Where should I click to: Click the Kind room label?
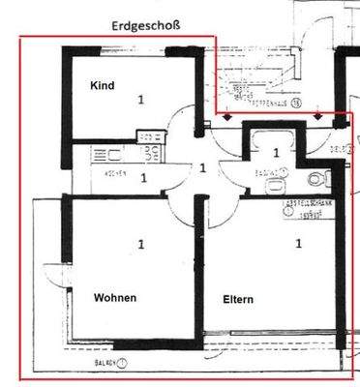click(x=102, y=86)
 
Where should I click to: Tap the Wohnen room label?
click(x=115, y=297)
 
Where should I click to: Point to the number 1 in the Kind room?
click(x=141, y=99)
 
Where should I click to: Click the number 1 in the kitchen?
click(x=143, y=178)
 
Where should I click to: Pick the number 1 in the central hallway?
click(x=202, y=167)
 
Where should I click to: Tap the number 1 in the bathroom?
click(x=276, y=153)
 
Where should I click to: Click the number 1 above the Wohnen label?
click(x=141, y=245)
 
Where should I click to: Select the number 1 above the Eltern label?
click(x=298, y=243)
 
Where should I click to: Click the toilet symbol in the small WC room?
click(x=314, y=177)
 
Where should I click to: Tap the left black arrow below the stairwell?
click(x=227, y=116)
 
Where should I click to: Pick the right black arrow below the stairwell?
click(x=319, y=116)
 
